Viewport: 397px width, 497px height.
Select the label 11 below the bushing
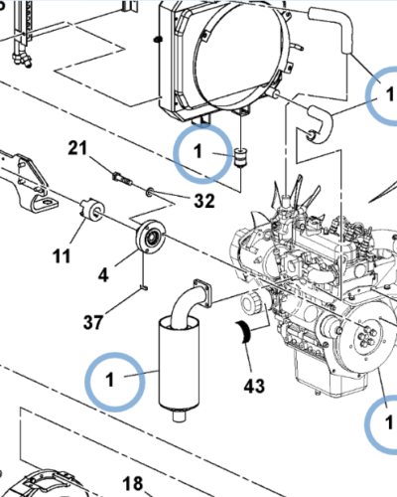[x=63, y=256]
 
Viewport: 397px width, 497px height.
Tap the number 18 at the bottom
[x=132, y=484]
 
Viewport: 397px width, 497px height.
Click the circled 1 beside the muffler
[x=111, y=379]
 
